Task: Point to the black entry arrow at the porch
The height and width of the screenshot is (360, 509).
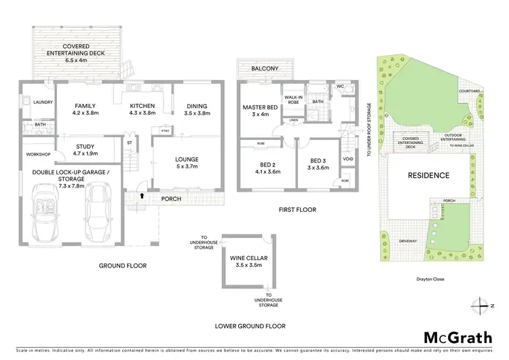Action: click(x=141, y=197)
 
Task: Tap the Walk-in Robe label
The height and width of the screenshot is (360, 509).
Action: click(x=293, y=102)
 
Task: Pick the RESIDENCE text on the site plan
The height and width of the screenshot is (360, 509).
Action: click(x=428, y=175)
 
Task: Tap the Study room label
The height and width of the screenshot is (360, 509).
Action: click(x=85, y=149)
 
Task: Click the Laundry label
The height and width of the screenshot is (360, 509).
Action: click(x=33, y=84)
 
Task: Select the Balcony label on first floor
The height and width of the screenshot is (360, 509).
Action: click(x=265, y=69)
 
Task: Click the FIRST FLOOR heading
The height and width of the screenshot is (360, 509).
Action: click(x=297, y=210)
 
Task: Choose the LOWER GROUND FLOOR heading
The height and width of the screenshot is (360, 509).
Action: click(x=250, y=325)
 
